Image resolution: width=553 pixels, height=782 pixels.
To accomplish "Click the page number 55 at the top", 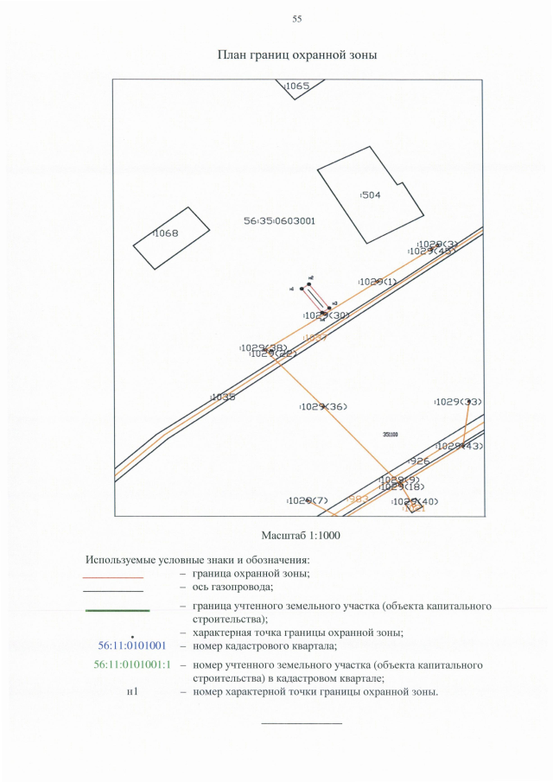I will pos(296,19).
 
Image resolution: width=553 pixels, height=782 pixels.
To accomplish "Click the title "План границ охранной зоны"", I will pos(297,55).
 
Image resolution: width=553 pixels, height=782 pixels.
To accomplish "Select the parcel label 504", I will pos(370,195).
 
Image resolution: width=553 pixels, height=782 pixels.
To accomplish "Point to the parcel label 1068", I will pos(165,233).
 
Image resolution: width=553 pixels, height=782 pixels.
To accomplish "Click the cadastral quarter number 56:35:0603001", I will pos(279,221).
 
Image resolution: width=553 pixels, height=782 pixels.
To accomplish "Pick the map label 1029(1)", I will pos(377,282).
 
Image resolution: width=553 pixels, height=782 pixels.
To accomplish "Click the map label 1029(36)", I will pos(323,406).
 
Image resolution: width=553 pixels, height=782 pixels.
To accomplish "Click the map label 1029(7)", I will pos(308,501).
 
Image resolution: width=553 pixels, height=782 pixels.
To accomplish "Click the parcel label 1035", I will pos(223,397).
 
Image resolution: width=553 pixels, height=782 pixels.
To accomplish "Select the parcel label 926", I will pos(420,461).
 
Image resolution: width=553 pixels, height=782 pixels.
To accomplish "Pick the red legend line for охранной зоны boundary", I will pos(112,576).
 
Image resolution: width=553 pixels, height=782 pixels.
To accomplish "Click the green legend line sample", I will pos(117,611).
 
